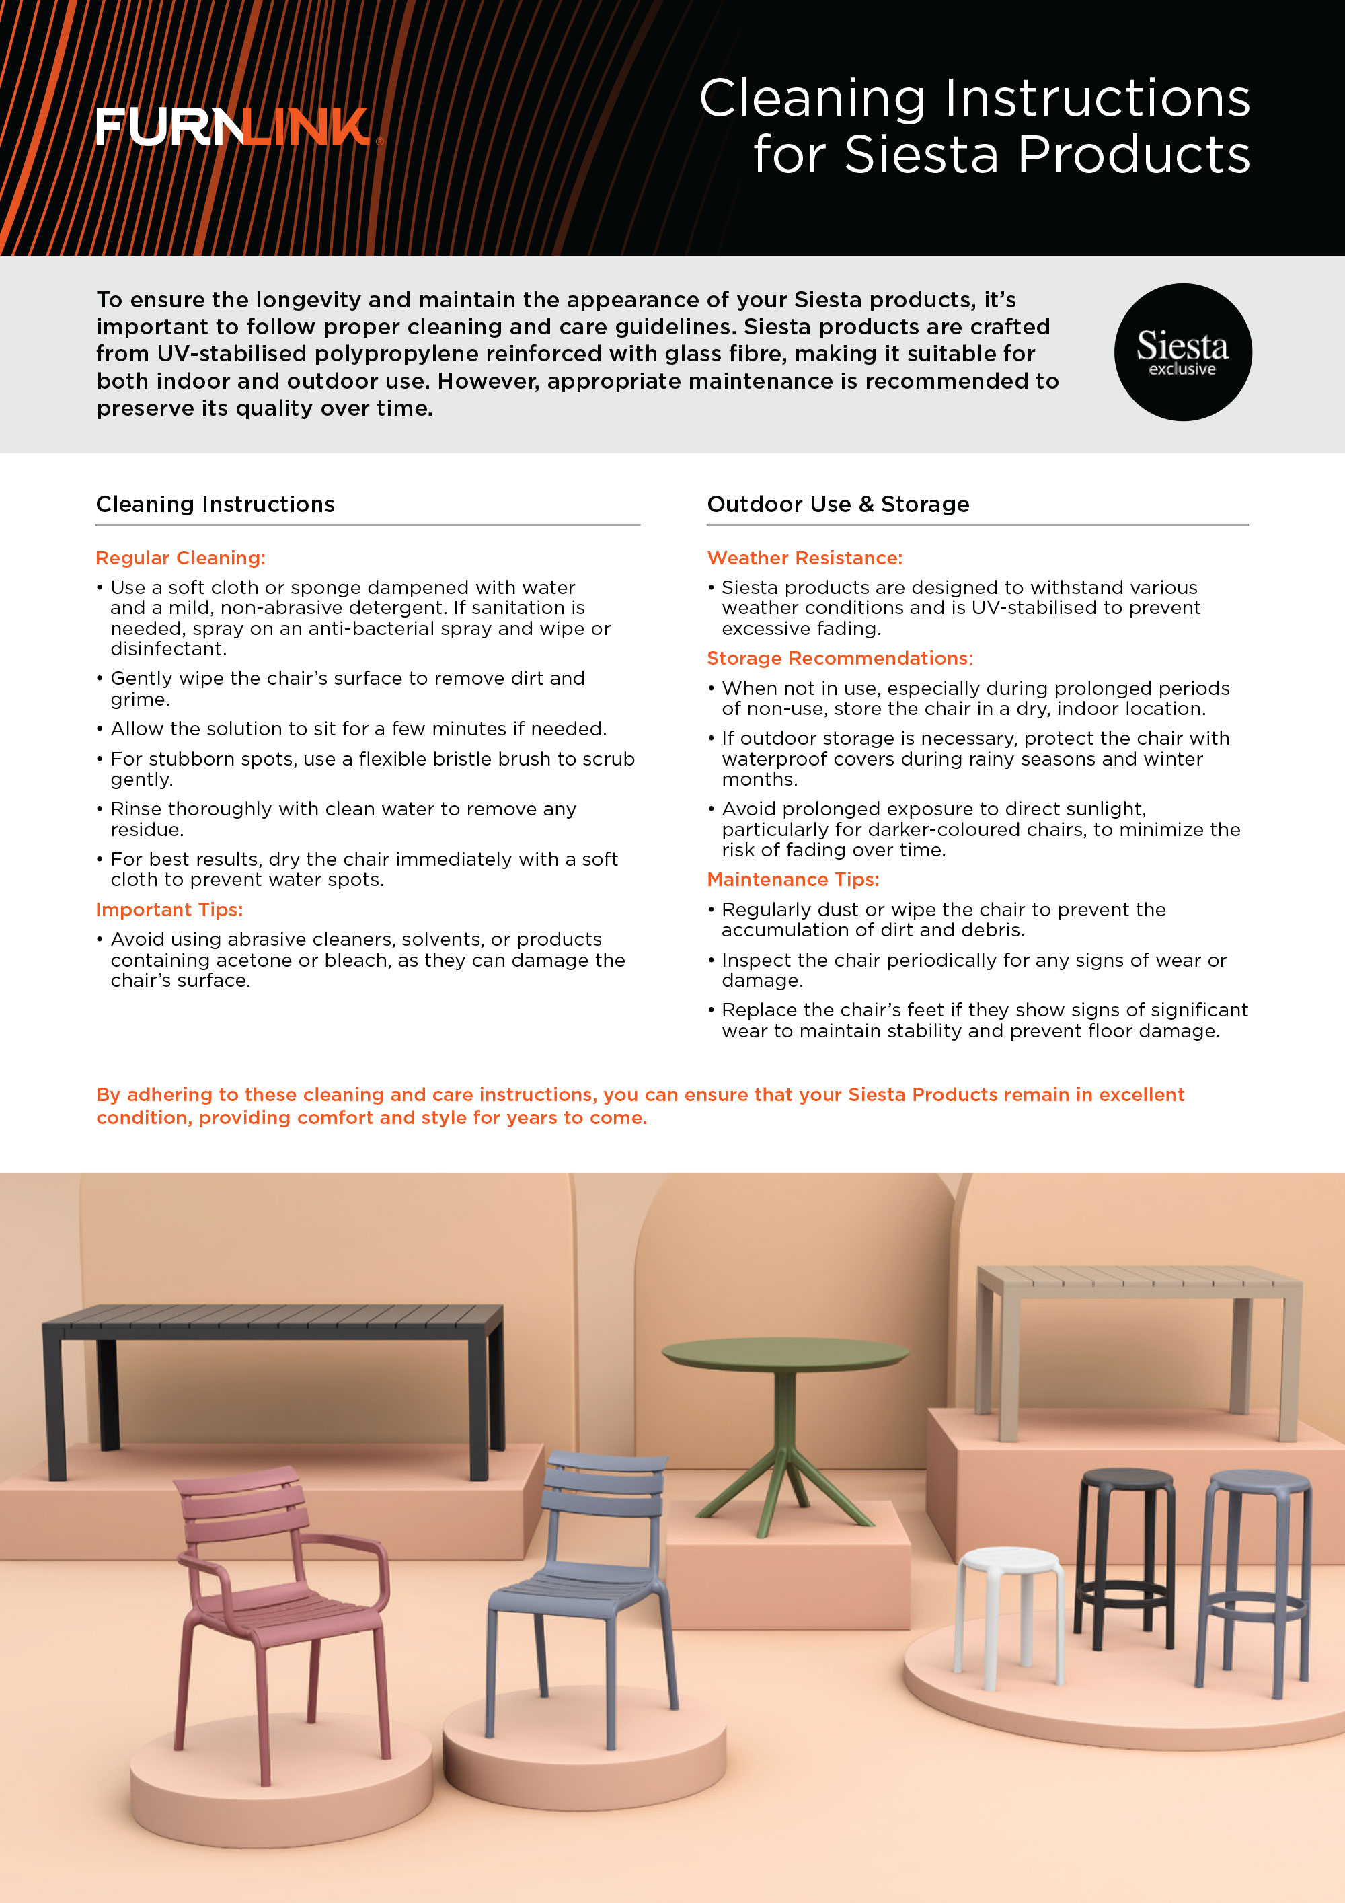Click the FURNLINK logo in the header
234,127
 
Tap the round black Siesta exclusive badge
1182,352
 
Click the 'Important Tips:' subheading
169,909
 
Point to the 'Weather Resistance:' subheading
804,558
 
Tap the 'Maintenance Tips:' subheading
792,879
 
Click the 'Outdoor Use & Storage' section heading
837,504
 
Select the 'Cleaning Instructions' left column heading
215,504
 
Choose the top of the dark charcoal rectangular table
274,1314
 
